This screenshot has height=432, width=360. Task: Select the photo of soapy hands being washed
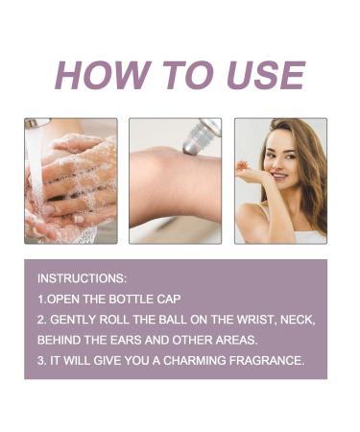71,180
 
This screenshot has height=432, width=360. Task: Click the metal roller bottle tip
200,137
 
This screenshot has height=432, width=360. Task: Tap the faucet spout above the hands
36,124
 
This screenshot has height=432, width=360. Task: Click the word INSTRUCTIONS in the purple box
82,277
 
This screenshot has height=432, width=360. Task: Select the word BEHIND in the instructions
60,340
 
